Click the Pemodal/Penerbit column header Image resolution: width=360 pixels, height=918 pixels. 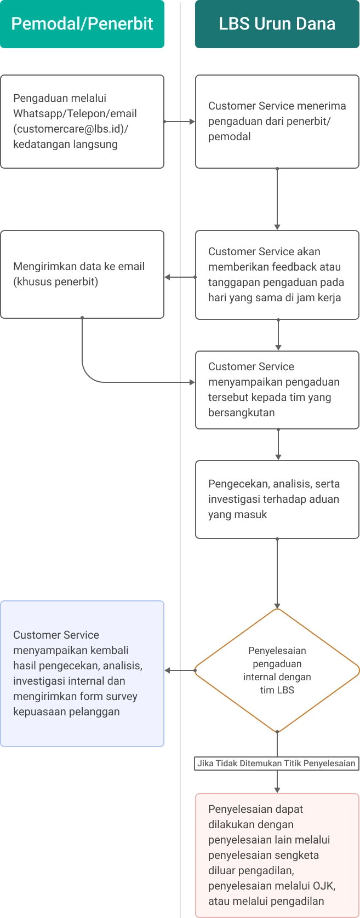[x=82, y=24]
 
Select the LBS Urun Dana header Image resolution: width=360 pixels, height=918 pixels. [x=277, y=24]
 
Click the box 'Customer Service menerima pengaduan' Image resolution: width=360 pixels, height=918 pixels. [x=277, y=122]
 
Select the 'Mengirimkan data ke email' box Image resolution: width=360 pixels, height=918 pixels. [x=82, y=274]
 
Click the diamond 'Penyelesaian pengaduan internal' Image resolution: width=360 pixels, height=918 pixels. [x=277, y=670]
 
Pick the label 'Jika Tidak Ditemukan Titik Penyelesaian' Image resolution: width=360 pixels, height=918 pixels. [x=277, y=764]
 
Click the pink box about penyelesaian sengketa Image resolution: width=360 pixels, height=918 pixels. [x=277, y=855]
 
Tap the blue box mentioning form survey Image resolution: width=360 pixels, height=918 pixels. [x=82, y=674]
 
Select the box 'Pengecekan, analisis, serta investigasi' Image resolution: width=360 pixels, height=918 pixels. [x=277, y=500]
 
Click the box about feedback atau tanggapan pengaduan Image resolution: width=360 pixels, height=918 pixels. [x=277, y=275]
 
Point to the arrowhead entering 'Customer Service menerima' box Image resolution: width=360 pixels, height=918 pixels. [x=192, y=122]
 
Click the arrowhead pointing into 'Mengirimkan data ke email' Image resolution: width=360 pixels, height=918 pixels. [x=168, y=277]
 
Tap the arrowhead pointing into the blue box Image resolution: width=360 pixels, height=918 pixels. [x=168, y=670]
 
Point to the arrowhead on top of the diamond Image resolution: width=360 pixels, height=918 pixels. [x=277, y=605]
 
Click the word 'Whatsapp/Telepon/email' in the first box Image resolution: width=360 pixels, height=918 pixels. [x=75, y=114]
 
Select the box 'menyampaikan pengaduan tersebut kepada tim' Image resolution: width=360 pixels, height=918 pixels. [x=277, y=390]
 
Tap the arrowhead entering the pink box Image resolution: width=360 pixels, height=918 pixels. [x=277, y=790]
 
